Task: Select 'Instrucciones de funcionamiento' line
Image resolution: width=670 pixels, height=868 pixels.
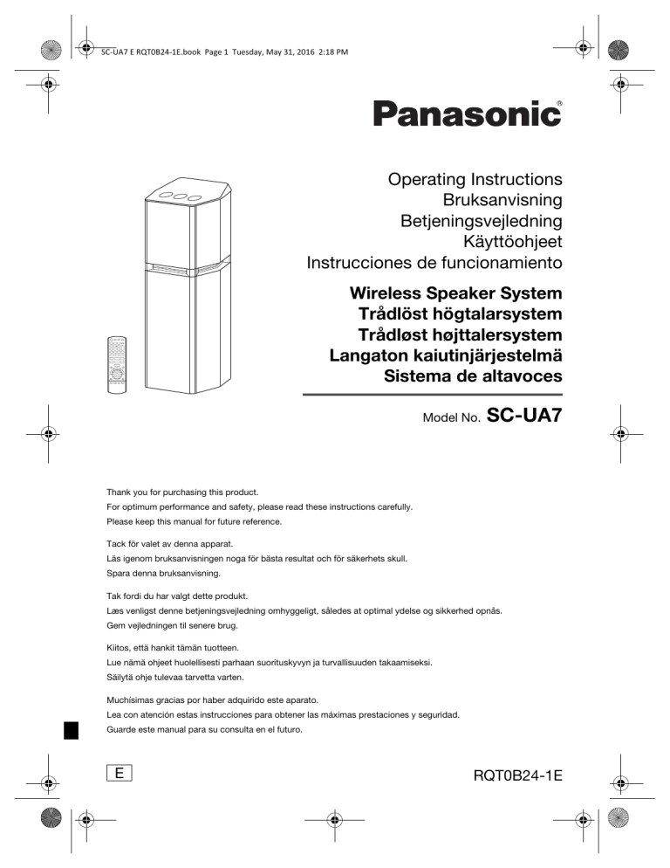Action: (434, 261)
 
